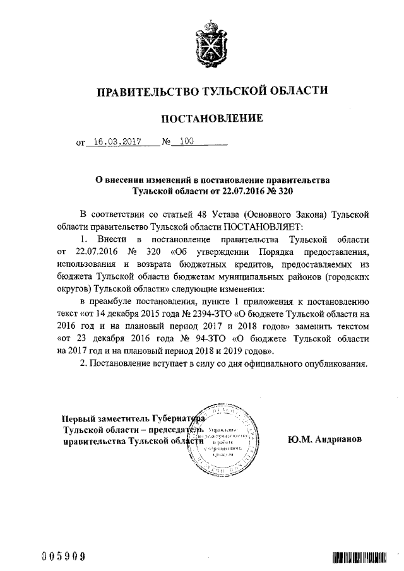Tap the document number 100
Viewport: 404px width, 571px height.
(186, 142)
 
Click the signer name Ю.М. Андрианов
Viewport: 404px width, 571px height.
(323, 438)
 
